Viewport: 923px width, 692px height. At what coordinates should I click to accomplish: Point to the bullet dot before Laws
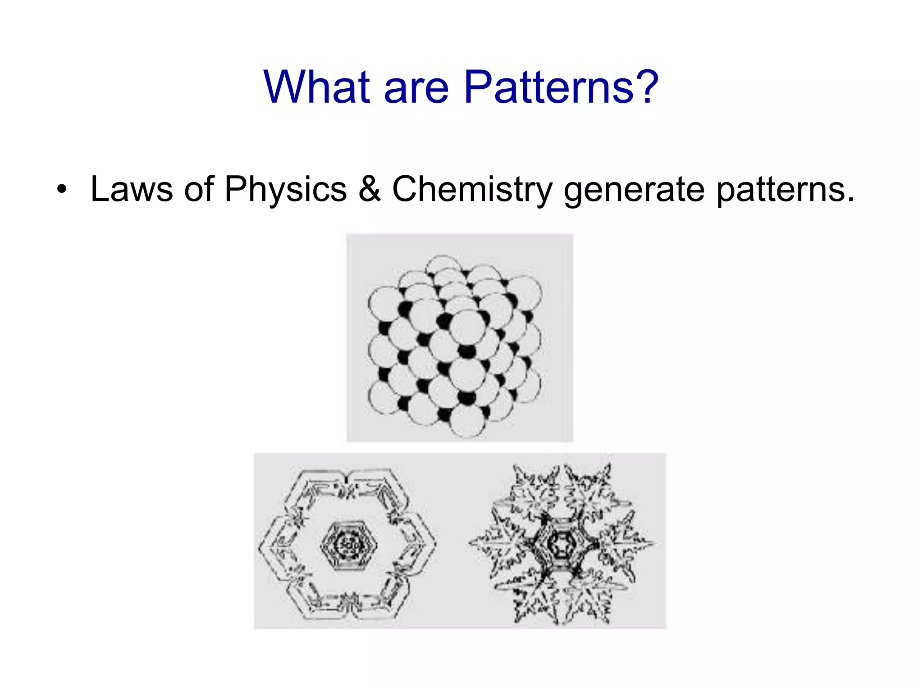tap(61, 189)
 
